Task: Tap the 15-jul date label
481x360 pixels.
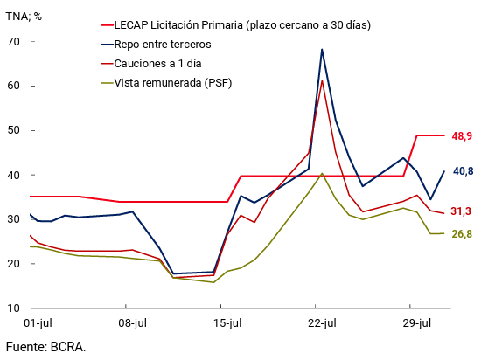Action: [227, 323]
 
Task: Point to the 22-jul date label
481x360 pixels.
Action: [322, 323]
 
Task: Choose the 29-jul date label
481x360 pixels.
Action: [416, 323]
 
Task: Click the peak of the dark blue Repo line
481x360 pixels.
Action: [322, 50]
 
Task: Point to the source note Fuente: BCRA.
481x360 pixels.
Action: [46, 347]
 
